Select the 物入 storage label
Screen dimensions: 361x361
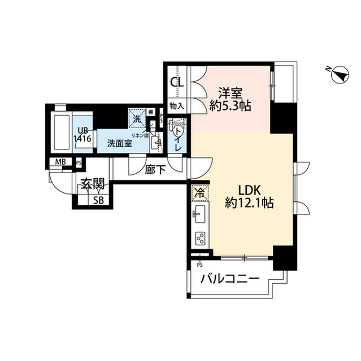click(x=177, y=105)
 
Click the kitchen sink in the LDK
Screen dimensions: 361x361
click(x=199, y=213)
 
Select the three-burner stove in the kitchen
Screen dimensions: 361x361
click(x=199, y=238)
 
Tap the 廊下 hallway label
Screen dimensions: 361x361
click(x=156, y=170)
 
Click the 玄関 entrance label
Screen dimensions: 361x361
click(x=91, y=184)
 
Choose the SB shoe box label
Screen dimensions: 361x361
click(x=98, y=200)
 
